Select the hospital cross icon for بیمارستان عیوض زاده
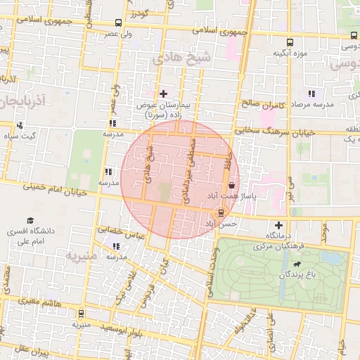pos(163,94)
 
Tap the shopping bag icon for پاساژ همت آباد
pos(231,186)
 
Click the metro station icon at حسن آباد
pos(221,212)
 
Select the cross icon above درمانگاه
pos(278,224)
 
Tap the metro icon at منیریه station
pos(82,314)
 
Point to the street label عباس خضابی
pos(120,231)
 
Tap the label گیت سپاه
pos(21,135)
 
